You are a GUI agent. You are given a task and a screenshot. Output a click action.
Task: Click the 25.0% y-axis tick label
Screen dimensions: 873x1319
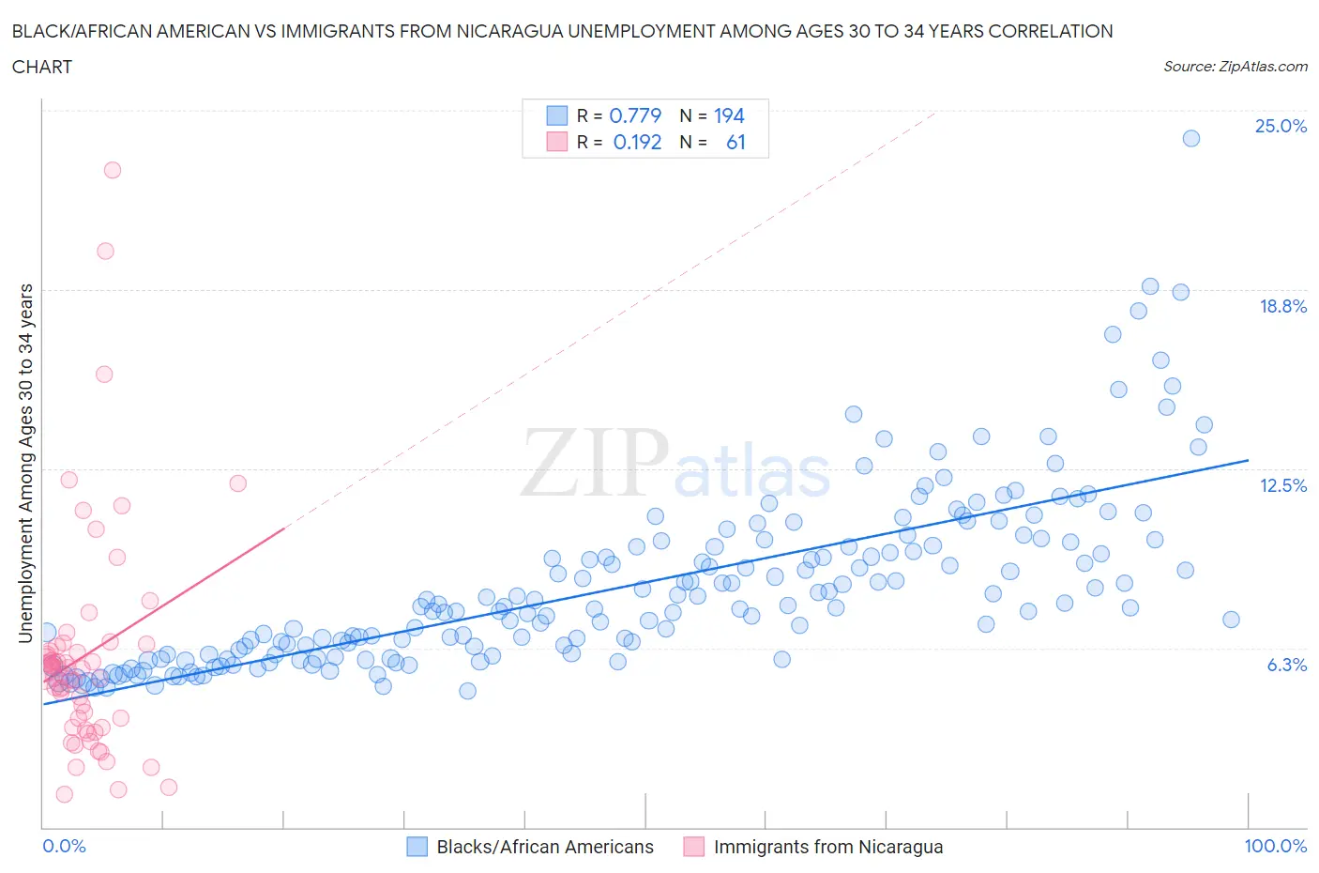[1281, 126]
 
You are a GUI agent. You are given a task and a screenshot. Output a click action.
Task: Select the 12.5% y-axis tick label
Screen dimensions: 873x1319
[1282, 485]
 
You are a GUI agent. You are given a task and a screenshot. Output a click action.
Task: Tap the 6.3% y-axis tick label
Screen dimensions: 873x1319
[1286, 665]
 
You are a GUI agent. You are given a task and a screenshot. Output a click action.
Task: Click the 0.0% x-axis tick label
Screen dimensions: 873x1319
[64, 846]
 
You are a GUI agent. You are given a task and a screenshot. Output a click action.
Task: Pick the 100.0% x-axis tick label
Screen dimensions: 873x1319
[1275, 846]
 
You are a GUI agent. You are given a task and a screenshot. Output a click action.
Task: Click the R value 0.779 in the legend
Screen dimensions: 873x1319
[635, 115]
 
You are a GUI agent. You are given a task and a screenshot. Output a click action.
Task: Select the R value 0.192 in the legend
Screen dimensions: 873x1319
[637, 142]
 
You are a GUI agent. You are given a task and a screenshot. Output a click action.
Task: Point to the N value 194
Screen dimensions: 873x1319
[729, 115]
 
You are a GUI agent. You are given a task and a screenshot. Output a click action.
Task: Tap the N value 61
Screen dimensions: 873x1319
[735, 142]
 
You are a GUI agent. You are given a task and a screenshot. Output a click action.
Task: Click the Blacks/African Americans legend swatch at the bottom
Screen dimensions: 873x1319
[417, 847]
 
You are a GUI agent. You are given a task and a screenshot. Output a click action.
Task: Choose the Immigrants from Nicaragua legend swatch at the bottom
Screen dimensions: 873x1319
[693, 847]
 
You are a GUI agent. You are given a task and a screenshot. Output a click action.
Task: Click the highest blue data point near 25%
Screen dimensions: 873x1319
[1190, 138]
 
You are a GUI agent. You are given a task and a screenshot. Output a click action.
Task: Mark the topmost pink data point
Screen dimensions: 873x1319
[112, 170]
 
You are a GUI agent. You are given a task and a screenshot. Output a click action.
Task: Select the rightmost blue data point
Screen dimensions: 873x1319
[1231, 620]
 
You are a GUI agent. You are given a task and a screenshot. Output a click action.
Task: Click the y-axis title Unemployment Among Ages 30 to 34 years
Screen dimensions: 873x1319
[25, 463]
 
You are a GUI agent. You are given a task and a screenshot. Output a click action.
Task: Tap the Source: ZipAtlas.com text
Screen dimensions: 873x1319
[1235, 66]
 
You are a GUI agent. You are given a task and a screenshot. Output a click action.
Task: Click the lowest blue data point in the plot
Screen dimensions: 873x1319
[467, 691]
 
